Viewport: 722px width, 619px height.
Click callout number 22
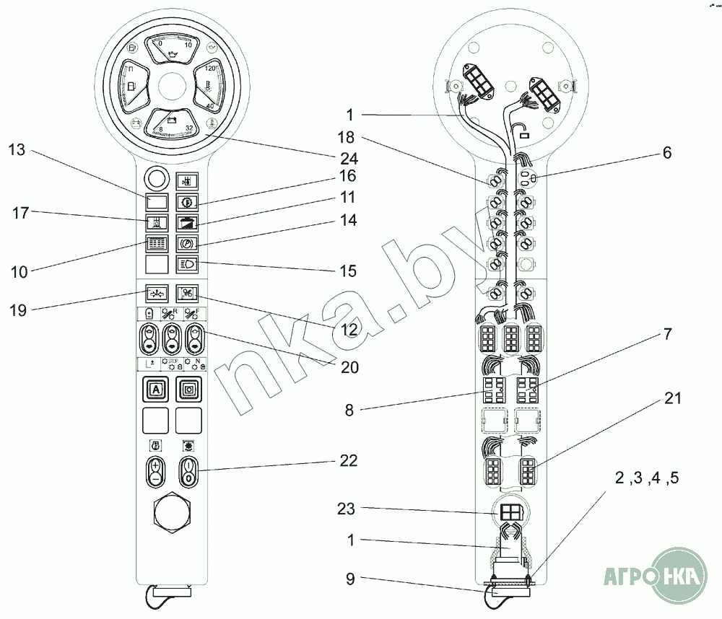[x=349, y=460]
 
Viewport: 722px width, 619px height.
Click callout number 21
[x=672, y=398]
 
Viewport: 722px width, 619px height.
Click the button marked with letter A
[x=155, y=390]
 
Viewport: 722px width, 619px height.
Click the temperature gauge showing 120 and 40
[x=208, y=87]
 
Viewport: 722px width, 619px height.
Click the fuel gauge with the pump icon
[x=134, y=87]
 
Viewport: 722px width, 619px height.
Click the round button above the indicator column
[x=155, y=177]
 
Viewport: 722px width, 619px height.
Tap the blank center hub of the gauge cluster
[x=172, y=87]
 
